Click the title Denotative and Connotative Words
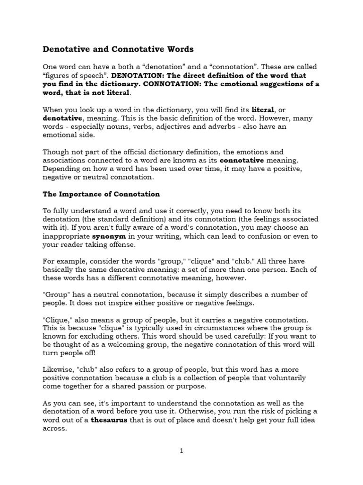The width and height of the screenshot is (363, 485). [x=118, y=49]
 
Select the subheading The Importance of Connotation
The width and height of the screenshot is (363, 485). [x=101, y=194]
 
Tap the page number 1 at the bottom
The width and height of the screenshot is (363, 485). [x=181, y=451]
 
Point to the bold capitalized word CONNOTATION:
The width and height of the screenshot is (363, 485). [x=169, y=84]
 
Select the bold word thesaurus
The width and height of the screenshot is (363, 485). [x=110, y=420]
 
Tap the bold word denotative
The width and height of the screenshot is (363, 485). [x=63, y=118]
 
